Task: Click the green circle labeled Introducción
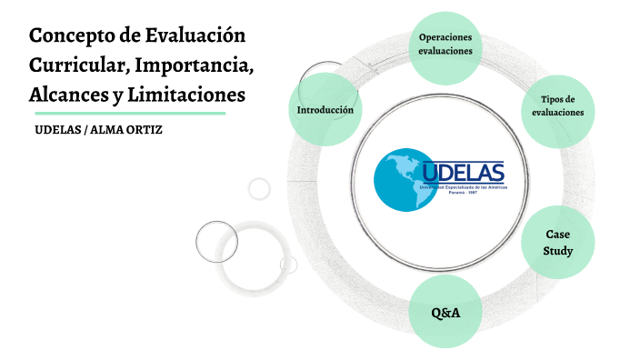tap(325, 110)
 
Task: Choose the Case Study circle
tap(558, 243)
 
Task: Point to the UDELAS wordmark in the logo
tap(463, 170)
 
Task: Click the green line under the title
tap(127, 114)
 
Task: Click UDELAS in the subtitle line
tap(56, 130)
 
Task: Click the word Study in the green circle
tap(558, 251)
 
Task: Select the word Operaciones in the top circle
tap(445, 37)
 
